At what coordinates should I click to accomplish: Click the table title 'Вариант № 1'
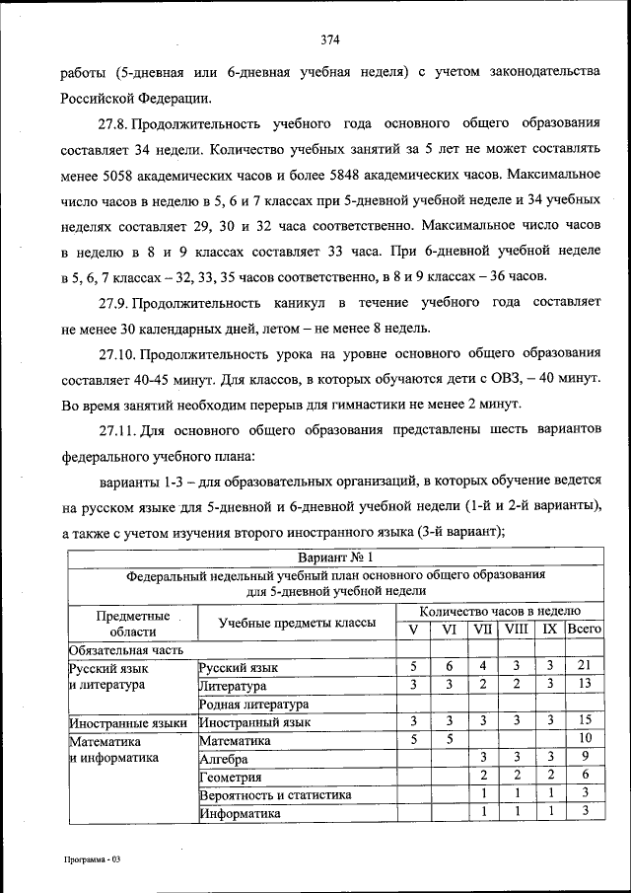point(333,558)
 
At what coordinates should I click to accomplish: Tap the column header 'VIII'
point(516,630)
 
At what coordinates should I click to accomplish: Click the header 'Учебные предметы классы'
point(297,623)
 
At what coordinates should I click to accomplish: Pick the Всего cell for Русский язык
point(584,668)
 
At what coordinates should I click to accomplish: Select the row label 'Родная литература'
point(254,705)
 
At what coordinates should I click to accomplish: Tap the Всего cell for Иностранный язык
point(584,722)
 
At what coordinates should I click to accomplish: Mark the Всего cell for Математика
point(584,740)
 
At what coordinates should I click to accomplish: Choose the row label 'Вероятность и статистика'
point(275,794)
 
